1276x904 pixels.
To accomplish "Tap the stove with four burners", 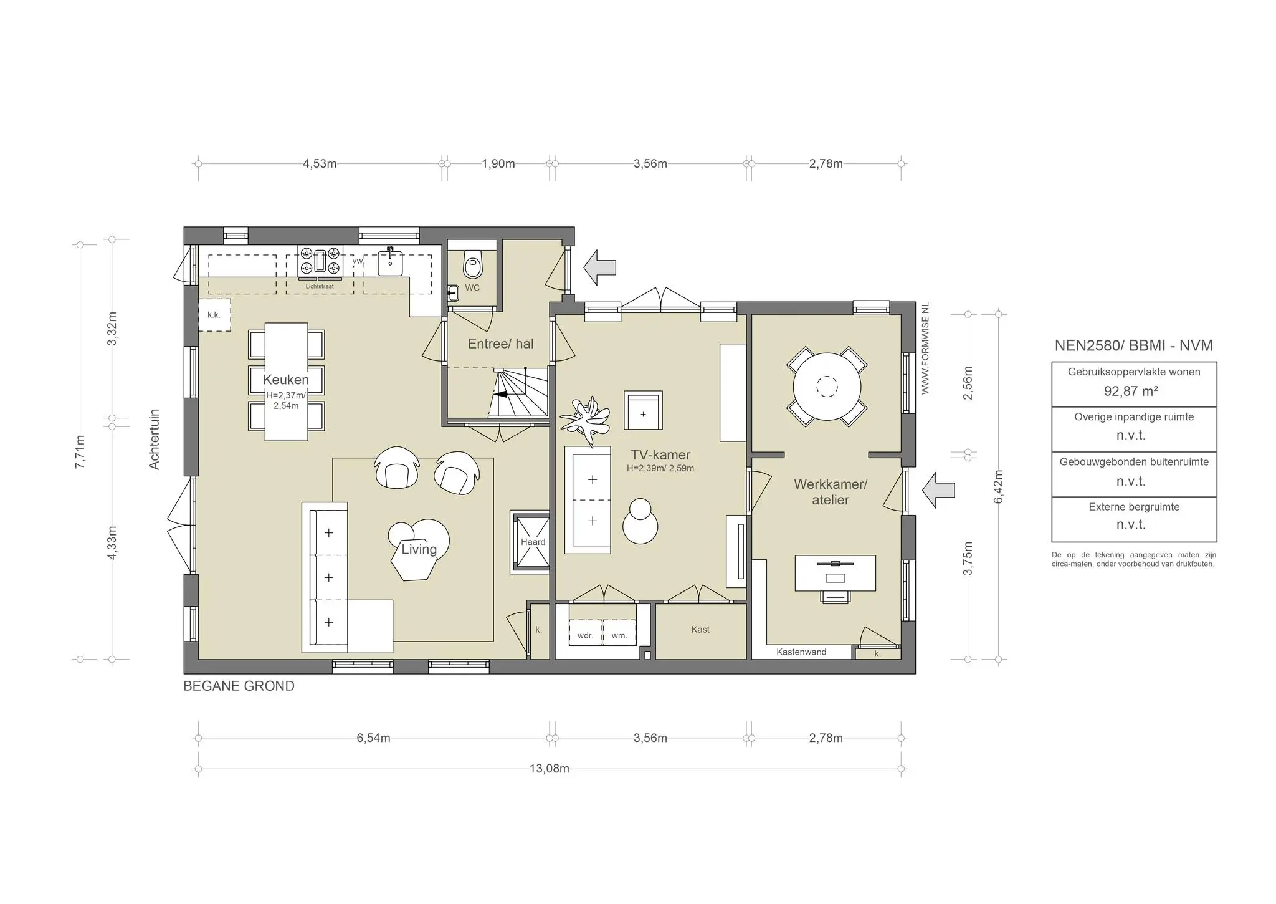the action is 320,261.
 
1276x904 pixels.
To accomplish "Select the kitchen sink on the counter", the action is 390,262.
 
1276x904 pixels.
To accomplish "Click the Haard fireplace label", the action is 533,542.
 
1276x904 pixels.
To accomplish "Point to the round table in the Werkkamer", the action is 827,387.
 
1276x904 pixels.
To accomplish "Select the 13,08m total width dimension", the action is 550,769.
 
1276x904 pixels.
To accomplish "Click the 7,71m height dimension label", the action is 80,451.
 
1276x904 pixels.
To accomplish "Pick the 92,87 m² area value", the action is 1131,392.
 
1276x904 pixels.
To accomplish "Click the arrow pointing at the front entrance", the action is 599,267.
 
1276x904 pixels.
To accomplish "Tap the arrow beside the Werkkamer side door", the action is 938,490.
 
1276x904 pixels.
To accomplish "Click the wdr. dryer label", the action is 585,636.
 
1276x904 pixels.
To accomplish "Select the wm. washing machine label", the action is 619,636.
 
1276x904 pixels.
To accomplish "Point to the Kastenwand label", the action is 801,652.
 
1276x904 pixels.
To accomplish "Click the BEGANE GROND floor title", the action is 239,686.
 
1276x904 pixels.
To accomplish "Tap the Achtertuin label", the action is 155,439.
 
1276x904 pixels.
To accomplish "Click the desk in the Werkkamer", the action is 835,573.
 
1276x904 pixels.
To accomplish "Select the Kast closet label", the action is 700,630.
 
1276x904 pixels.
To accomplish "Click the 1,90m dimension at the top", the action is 498,164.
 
